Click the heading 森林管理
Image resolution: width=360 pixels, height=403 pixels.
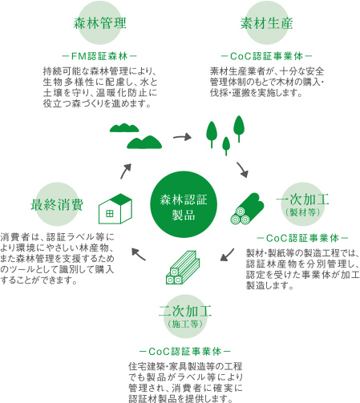point(99,23)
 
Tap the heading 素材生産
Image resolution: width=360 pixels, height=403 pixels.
point(266,23)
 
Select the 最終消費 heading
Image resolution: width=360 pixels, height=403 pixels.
point(57,205)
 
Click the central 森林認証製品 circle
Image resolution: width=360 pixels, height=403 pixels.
point(184,204)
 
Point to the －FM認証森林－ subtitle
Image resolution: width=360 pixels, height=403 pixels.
point(99,56)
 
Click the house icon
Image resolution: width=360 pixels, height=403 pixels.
point(115,208)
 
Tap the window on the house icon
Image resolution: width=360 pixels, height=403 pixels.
point(110,213)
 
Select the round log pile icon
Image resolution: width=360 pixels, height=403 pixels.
point(247,208)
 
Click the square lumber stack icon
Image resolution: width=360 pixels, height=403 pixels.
point(183,268)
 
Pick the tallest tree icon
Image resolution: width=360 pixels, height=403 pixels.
point(239,129)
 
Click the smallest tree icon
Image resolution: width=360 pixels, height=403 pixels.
point(226,146)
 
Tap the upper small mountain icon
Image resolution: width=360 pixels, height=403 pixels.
point(124,127)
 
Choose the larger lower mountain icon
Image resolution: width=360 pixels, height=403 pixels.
point(144,142)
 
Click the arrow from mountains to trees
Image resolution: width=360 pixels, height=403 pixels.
point(182,137)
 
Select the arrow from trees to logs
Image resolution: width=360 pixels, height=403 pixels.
point(242,170)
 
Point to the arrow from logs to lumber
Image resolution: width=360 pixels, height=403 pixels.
point(227,255)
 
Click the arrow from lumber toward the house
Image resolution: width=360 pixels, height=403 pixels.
point(139,254)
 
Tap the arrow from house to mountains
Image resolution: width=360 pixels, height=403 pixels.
point(126,171)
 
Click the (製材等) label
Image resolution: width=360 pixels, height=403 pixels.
point(302,212)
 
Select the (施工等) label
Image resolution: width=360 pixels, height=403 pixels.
point(185,324)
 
